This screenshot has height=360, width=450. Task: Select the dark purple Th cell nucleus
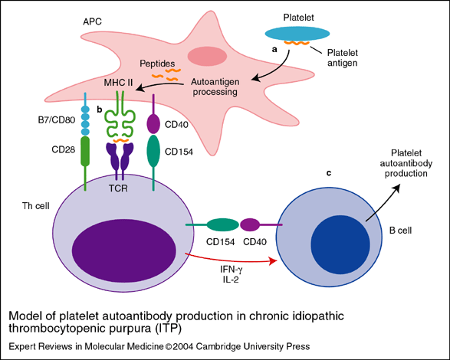123,250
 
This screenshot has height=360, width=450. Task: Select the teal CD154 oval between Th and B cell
222,224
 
